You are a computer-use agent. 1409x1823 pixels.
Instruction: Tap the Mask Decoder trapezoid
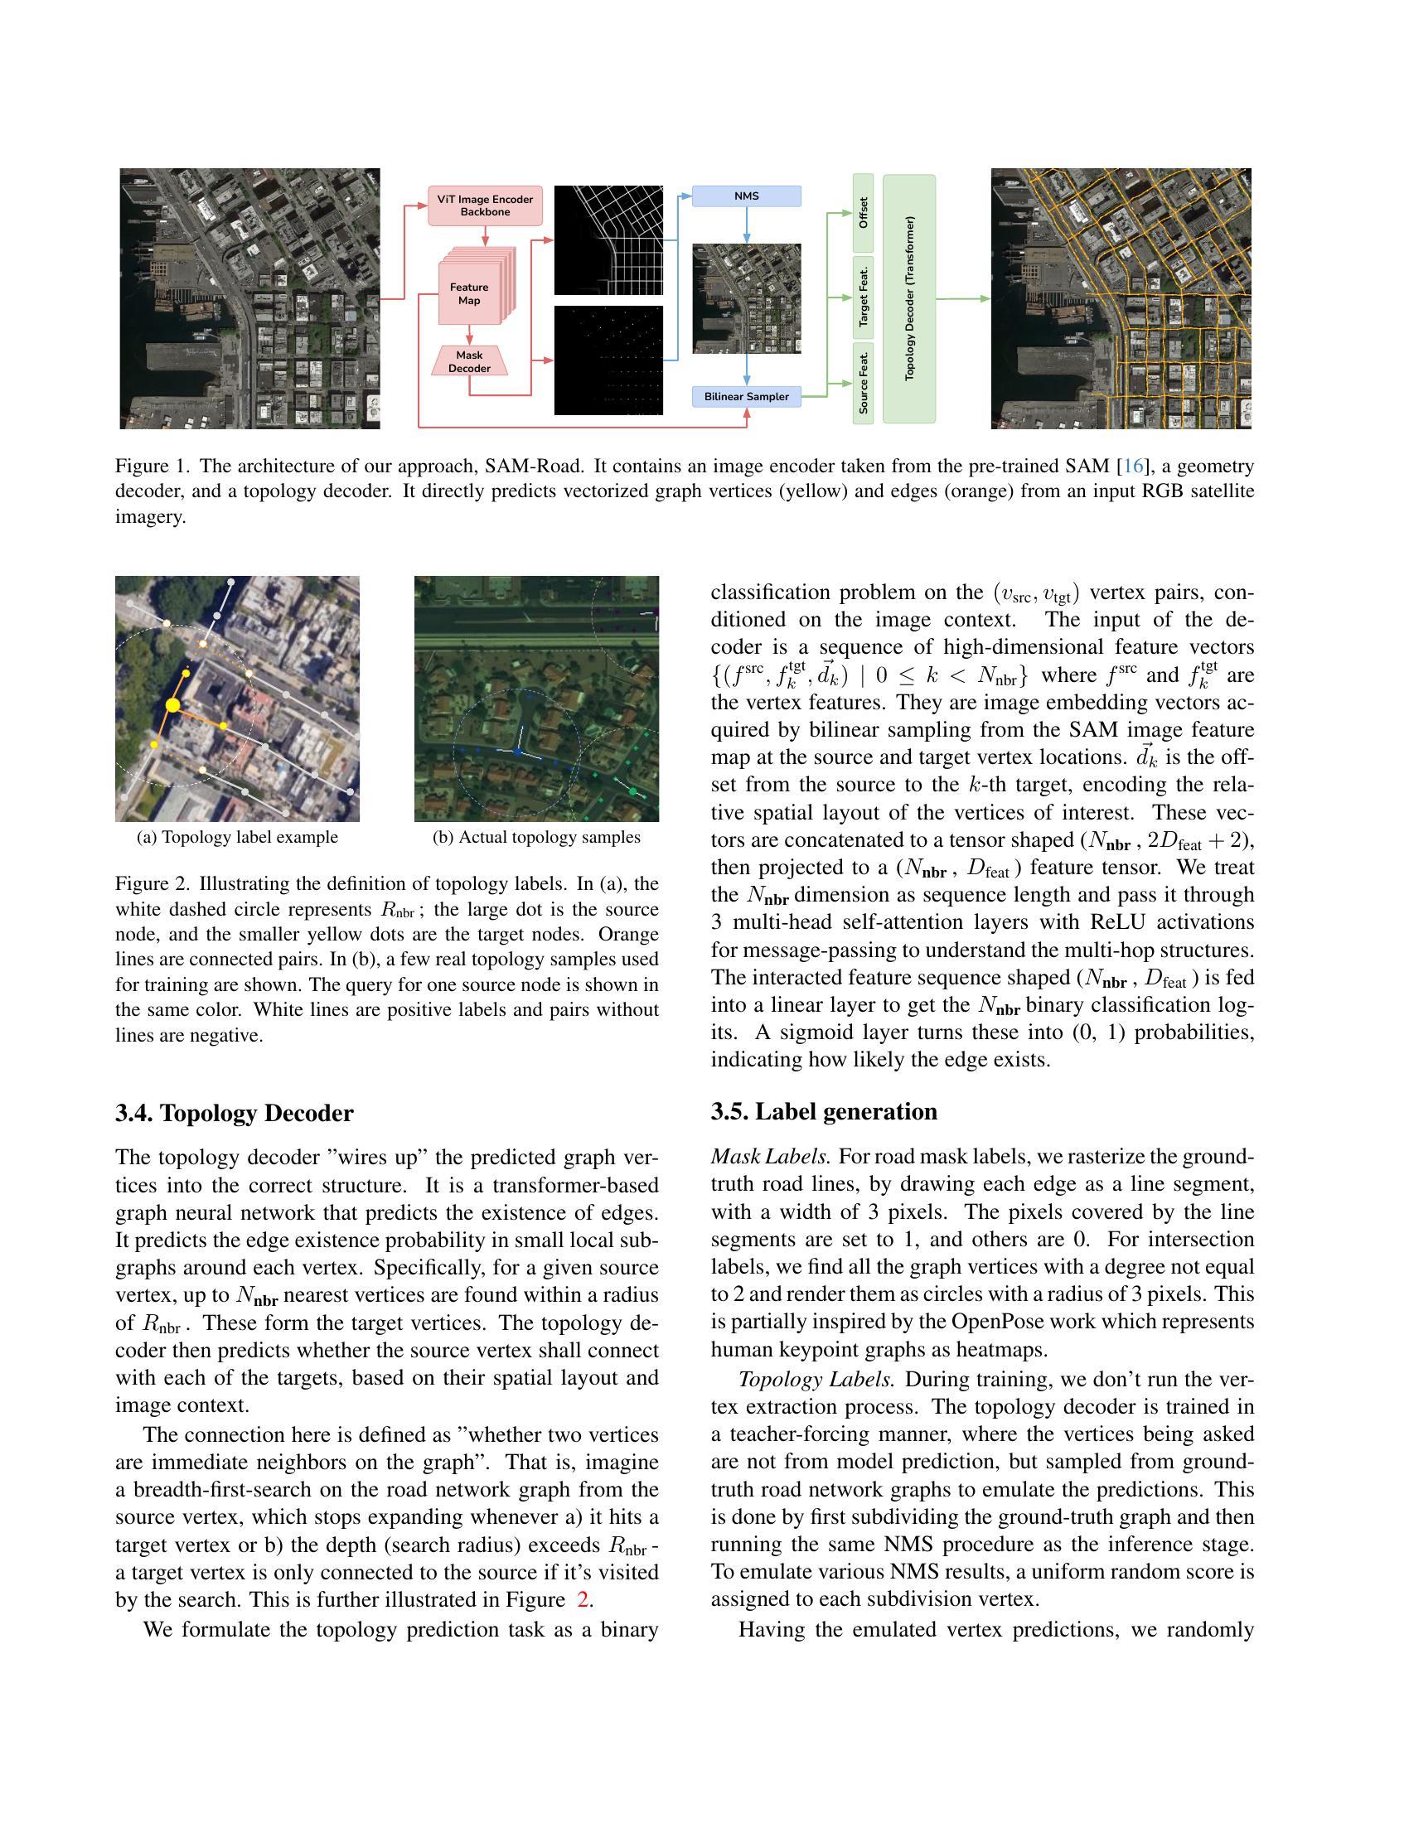469,361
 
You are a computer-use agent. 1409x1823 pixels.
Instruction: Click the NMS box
746,196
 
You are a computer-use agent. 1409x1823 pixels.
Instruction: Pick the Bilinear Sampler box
746,396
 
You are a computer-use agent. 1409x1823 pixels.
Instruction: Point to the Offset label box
863,213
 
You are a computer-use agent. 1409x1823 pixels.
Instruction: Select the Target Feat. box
863,297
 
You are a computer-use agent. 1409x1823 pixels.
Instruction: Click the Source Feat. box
863,383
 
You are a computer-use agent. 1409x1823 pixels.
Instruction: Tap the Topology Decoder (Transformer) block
909,298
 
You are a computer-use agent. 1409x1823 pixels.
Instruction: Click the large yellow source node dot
172,705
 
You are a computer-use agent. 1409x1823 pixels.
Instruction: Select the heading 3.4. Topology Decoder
235,1114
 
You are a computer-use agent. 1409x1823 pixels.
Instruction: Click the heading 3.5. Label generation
824,1112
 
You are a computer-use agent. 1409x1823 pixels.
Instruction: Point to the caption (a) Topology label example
237,837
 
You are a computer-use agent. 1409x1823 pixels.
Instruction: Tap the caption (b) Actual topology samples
536,837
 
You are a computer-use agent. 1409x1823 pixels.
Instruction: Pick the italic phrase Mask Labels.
771,1157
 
